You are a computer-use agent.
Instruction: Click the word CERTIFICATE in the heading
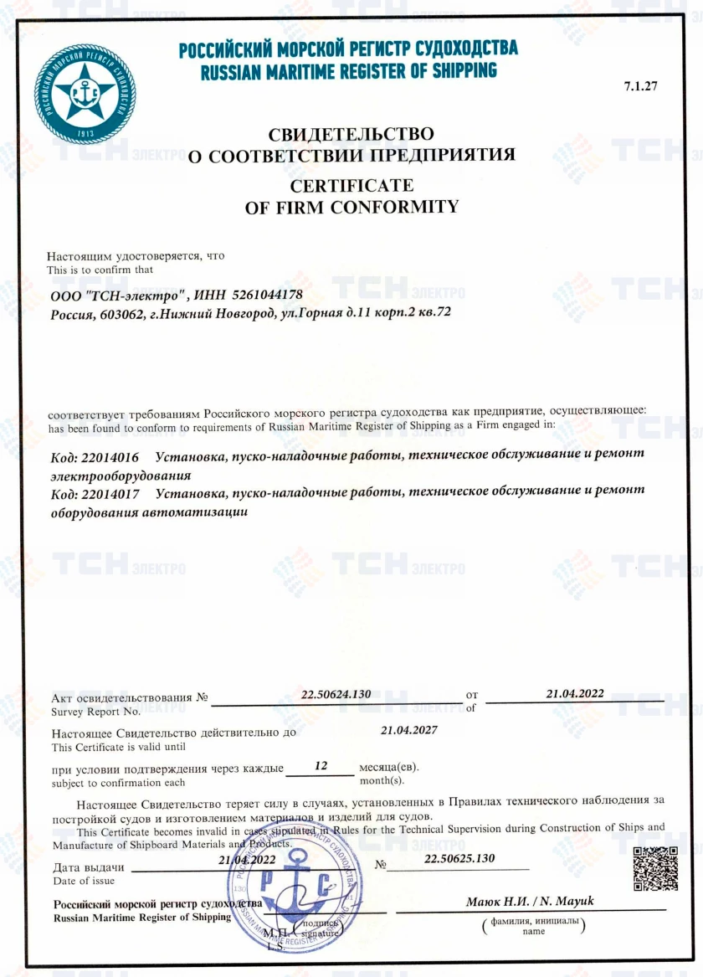(351, 185)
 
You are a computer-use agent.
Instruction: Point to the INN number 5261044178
(264, 295)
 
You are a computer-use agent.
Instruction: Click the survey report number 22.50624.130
(335, 694)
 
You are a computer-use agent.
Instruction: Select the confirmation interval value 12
(319, 764)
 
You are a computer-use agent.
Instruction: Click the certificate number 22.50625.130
(459, 859)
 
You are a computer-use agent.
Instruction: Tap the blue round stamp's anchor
(294, 900)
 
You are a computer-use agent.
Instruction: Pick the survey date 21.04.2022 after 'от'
(575, 694)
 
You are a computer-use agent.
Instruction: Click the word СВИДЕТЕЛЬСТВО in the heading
(351, 134)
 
